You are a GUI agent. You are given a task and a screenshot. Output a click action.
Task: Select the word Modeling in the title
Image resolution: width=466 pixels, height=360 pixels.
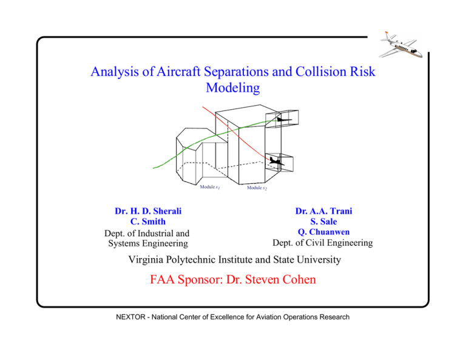click(233, 89)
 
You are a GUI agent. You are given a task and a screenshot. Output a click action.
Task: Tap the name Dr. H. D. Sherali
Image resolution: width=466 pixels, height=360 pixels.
click(149, 211)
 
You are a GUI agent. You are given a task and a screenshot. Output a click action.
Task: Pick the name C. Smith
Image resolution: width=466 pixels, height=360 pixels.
click(149, 222)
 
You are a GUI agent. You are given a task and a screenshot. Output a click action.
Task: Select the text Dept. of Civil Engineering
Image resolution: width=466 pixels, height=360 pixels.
click(323, 243)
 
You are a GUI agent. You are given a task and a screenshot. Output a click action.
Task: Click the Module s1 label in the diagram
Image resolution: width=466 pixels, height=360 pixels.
click(210, 186)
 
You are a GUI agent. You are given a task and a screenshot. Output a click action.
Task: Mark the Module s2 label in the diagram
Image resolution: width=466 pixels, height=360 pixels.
click(257, 188)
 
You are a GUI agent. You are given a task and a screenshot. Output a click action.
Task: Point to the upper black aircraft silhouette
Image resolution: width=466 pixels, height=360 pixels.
click(281, 120)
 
